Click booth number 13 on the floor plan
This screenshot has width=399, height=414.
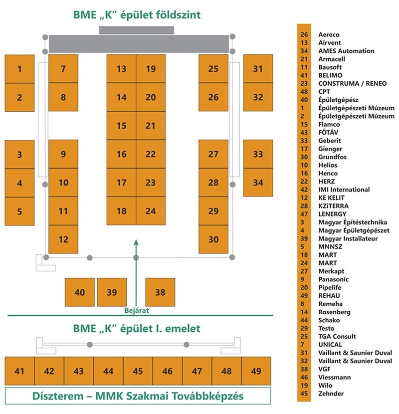coord(121,69)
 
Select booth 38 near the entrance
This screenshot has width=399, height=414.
coord(160,292)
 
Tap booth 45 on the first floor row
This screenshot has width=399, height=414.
coord(138,371)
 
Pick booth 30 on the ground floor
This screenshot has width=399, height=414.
coord(213,239)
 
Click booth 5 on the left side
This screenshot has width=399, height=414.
coord(19,211)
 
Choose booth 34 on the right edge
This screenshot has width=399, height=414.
coord(257,183)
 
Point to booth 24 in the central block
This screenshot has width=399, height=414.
coord(151,211)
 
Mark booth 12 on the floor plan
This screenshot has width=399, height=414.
coord(63,239)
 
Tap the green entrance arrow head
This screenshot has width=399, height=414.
coord(136,242)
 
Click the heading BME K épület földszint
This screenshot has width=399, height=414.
coord(137,14)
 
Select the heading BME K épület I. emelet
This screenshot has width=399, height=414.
coord(137,329)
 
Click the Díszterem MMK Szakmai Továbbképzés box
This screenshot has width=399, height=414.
coord(137,396)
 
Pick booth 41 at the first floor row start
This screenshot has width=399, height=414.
coord(19,371)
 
